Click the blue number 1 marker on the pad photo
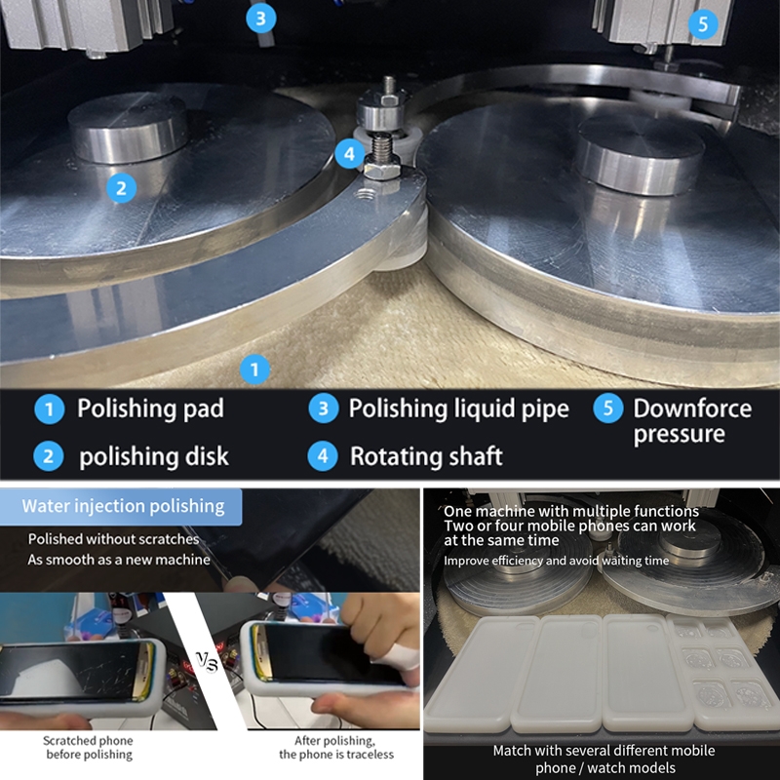(x=254, y=370)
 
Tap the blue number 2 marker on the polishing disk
(x=121, y=188)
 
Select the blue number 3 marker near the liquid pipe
(x=260, y=19)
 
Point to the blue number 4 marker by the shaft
(x=350, y=154)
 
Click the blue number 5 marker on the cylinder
(x=703, y=23)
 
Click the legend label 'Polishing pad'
(x=150, y=409)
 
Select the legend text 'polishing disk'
(x=154, y=456)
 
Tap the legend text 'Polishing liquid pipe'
(x=458, y=409)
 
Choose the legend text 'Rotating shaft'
(x=426, y=456)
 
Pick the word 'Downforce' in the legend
(x=692, y=409)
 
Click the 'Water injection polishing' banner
(x=121, y=507)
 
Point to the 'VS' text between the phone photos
(x=207, y=662)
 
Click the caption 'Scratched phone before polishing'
(x=89, y=748)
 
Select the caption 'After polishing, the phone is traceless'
(x=336, y=748)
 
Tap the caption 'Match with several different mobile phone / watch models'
(x=604, y=760)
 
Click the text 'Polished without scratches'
(x=113, y=539)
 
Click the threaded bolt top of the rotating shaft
(x=388, y=85)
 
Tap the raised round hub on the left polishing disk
(x=128, y=128)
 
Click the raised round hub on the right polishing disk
(x=642, y=154)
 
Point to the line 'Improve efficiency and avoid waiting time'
(x=556, y=561)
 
